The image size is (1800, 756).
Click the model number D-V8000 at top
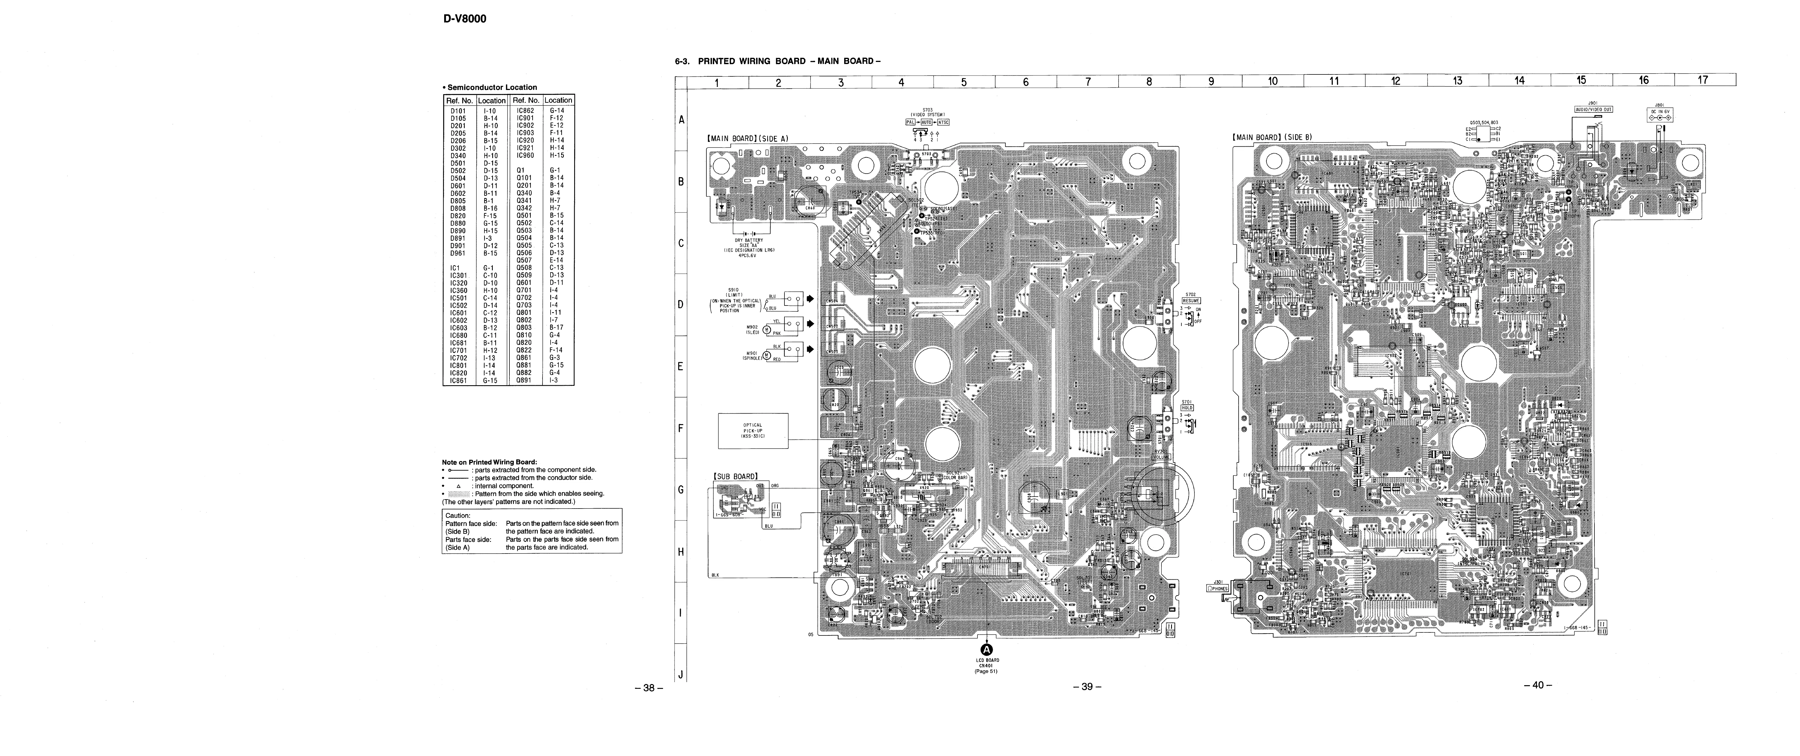tap(464, 19)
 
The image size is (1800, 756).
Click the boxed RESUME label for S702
tap(1191, 301)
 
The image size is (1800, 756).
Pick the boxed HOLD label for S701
tap(1187, 408)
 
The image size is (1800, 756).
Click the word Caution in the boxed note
tap(458, 516)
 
